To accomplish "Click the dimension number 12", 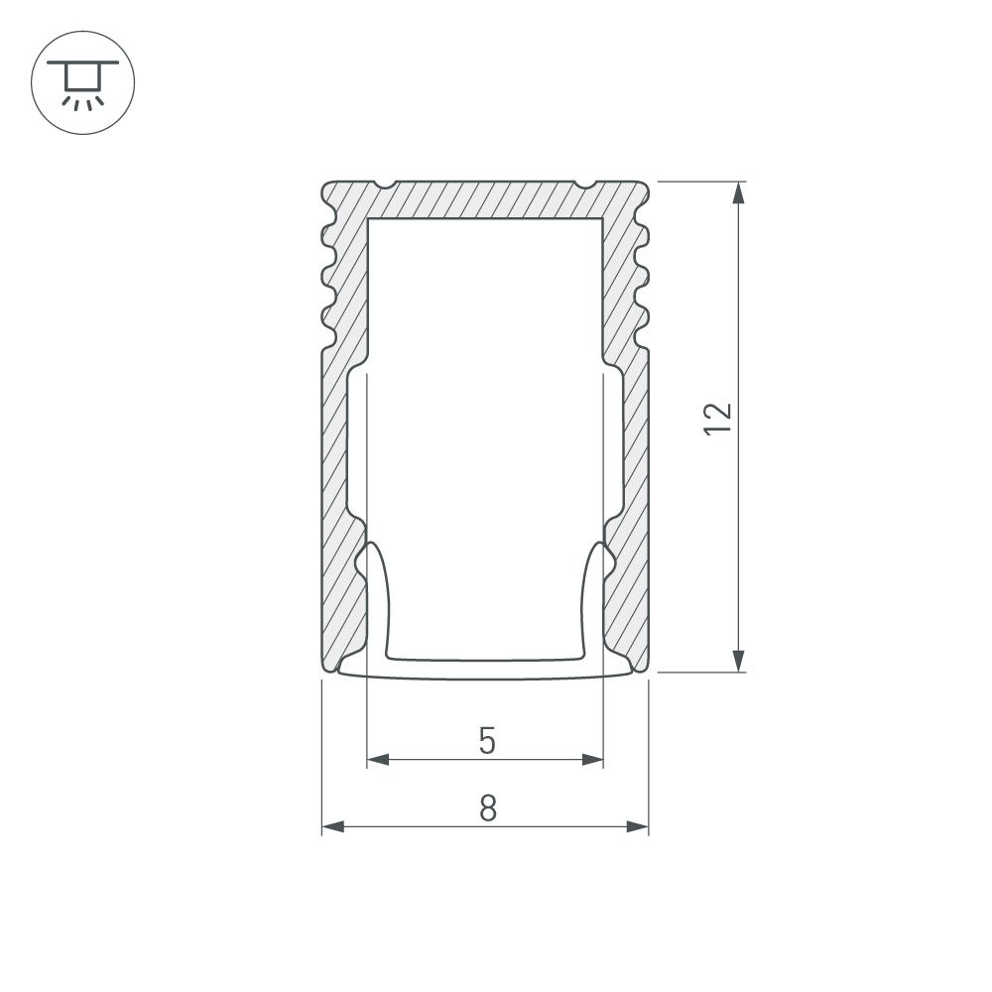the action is [x=717, y=419].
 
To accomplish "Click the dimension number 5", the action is [x=486, y=741].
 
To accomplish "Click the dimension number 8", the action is [x=487, y=807].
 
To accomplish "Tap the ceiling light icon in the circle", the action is [x=83, y=83].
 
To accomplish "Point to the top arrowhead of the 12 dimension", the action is [x=738, y=193].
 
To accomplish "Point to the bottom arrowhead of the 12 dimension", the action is [x=738, y=661].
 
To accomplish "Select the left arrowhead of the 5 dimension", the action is [x=378, y=759].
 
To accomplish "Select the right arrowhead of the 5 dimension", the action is [x=593, y=759].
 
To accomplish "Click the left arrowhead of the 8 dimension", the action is [x=332, y=826].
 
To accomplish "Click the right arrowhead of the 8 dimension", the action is [x=638, y=826].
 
